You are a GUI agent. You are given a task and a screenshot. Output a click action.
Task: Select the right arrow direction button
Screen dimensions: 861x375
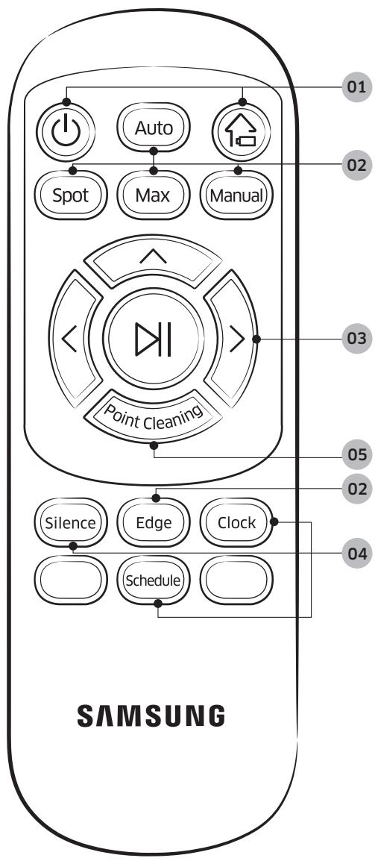(x=235, y=340)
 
